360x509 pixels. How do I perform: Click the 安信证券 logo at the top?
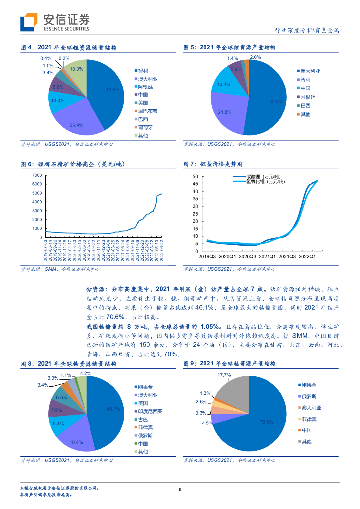(56, 21)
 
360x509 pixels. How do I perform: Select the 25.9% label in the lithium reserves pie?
(76, 125)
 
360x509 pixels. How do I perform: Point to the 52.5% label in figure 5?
(276, 101)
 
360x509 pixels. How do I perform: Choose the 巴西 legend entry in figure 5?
(306, 105)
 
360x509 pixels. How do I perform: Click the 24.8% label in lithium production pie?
(225, 112)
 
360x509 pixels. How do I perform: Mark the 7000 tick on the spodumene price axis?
(36, 175)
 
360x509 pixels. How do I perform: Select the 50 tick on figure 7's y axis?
(195, 176)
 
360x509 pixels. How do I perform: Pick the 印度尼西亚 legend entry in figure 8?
(152, 411)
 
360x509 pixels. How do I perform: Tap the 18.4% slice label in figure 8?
(76, 442)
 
